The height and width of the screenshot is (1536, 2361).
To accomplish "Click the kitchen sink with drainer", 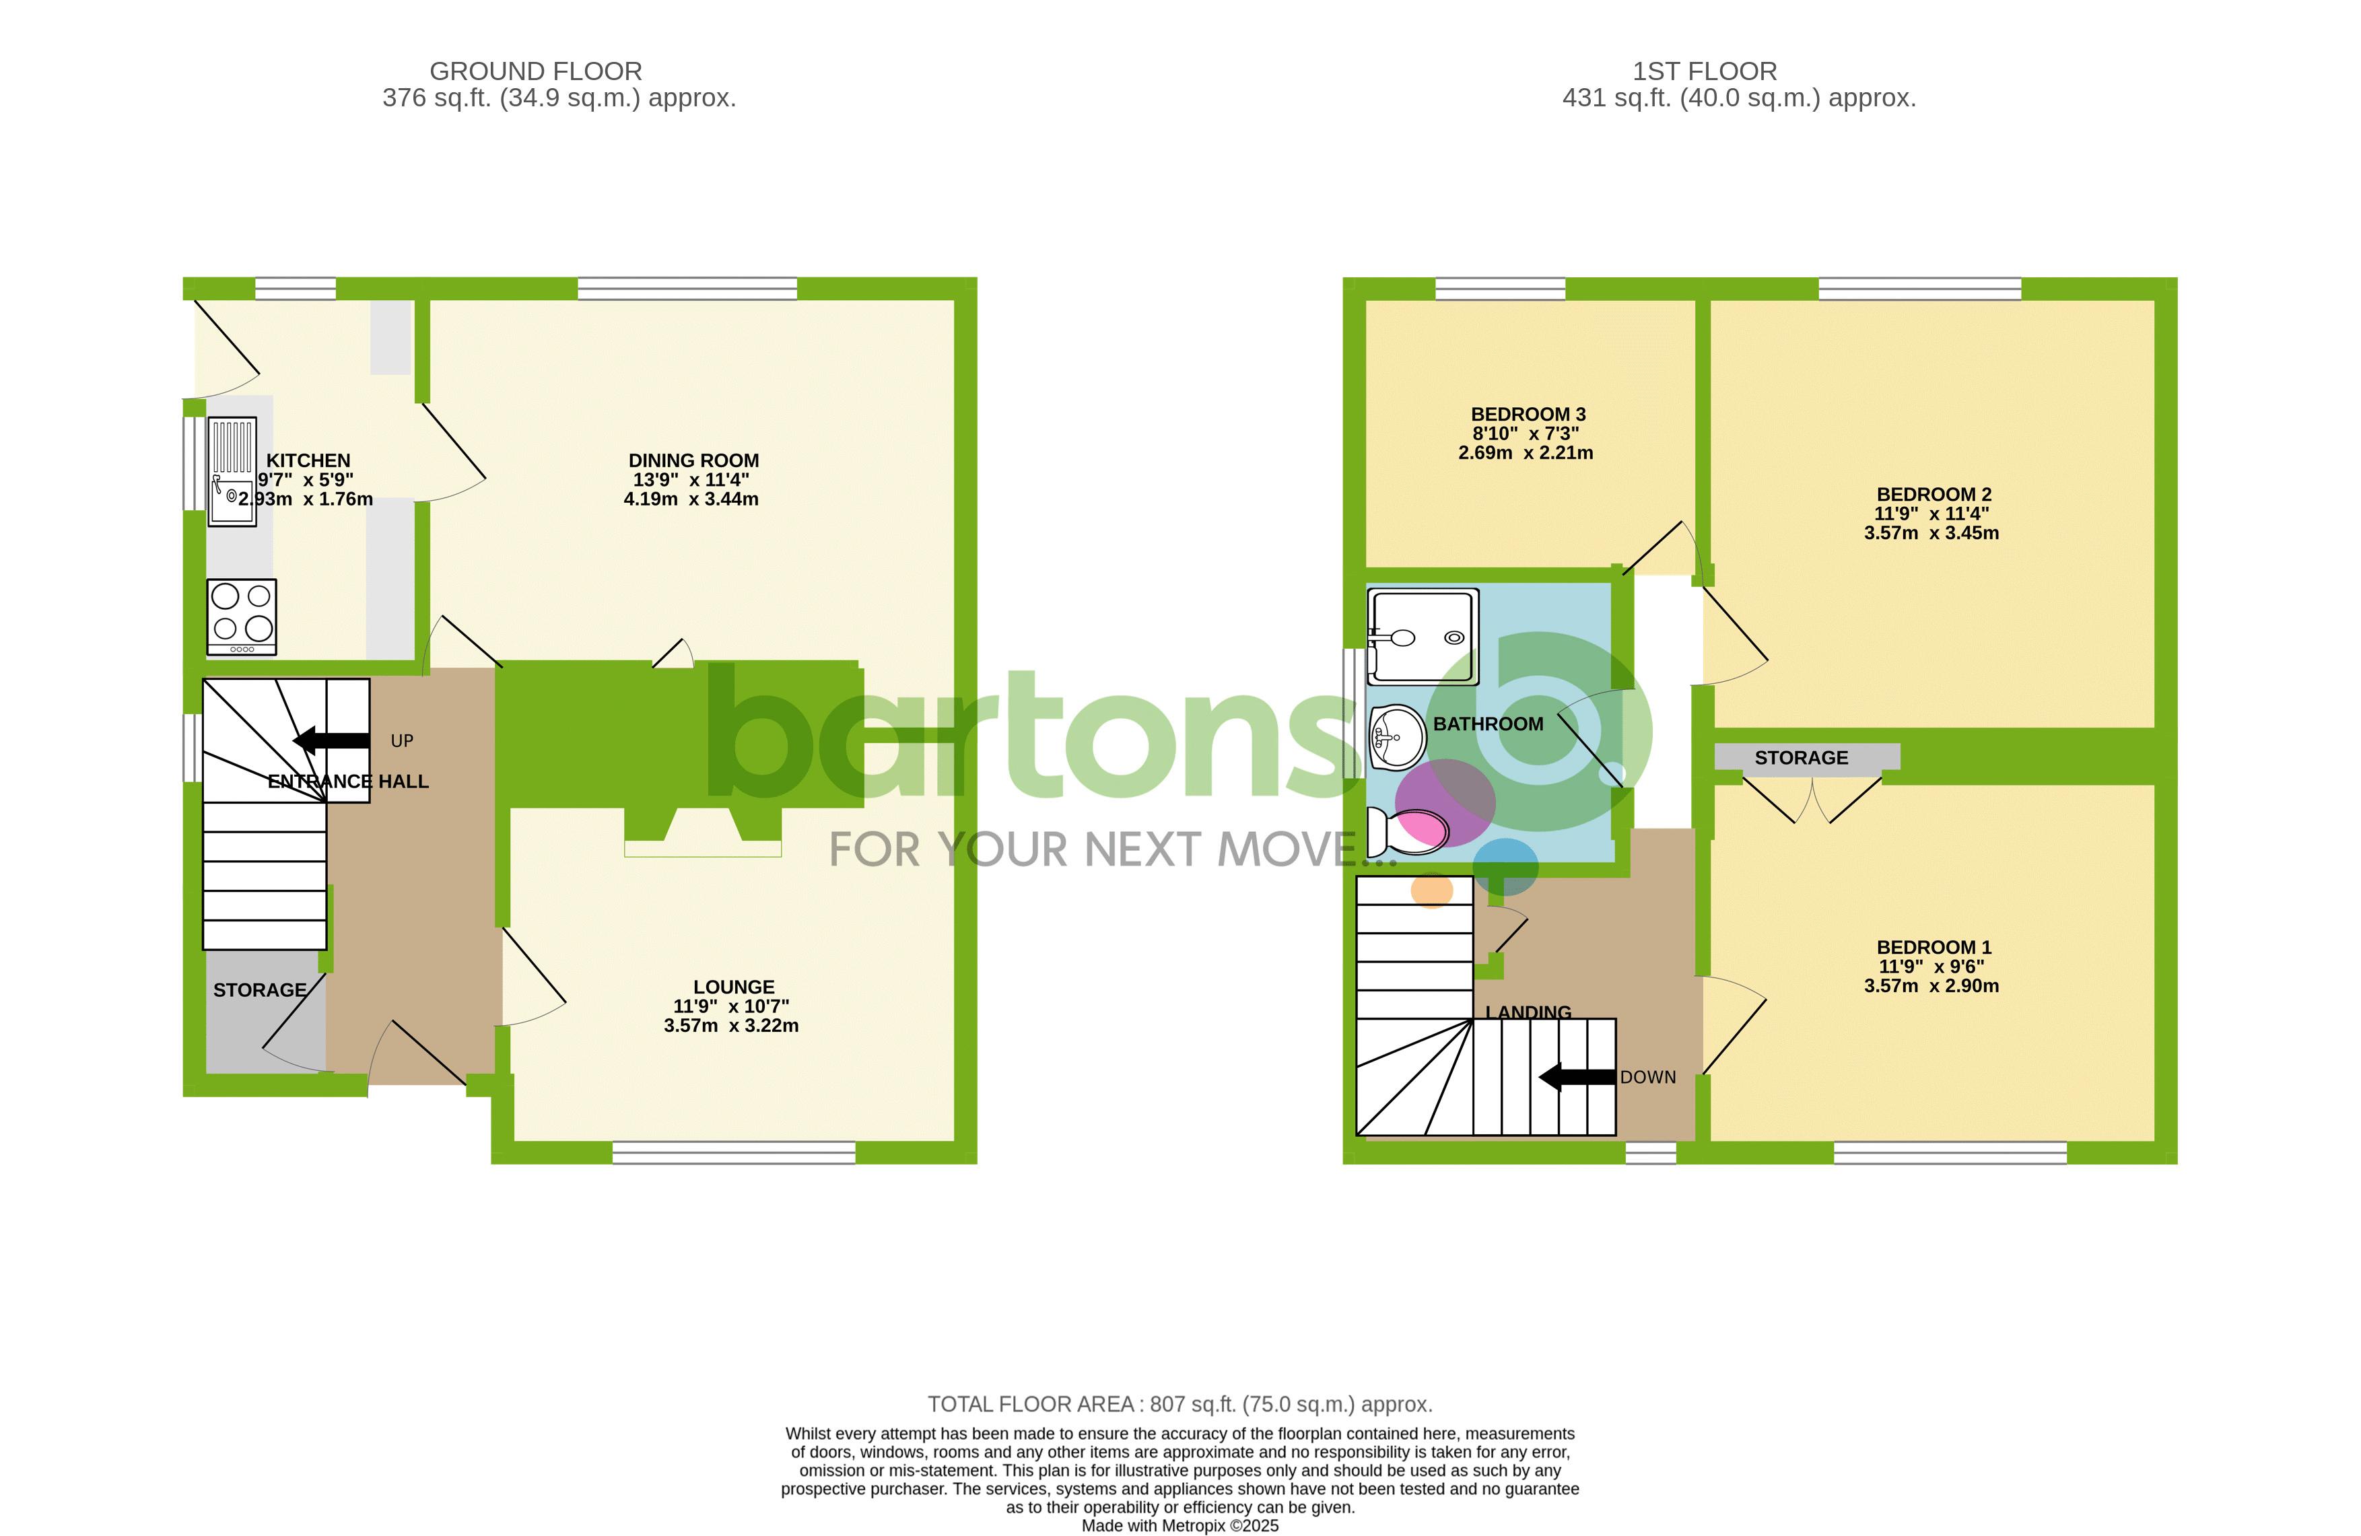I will pyautogui.click(x=232, y=471).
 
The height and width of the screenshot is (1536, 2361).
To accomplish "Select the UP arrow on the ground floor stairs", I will pyautogui.click(x=333, y=740).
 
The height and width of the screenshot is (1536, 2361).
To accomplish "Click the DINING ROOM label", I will pyautogui.click(x=693, y=460).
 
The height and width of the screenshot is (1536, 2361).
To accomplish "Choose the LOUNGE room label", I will pyautogui.click(x=733, y=987).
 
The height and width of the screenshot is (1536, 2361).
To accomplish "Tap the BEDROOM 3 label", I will pyautogui.click(x=1528, y=415).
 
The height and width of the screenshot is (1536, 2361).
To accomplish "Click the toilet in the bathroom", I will pyautogui.click(x=1406, y=831).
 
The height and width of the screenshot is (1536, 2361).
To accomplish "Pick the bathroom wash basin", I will pyautogui.click(x=1397, y=737).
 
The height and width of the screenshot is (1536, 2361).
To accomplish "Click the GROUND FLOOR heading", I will pyautogui.click(x=536, y=71).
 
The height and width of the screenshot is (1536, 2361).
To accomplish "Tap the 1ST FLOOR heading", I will pyautogui.click(x=1705, y=71).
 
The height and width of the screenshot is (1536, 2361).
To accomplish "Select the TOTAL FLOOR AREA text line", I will pyautogui.click(x=1179, y=1404).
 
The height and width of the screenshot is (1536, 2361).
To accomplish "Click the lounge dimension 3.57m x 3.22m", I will pyautogui.click(x=731, y=1025).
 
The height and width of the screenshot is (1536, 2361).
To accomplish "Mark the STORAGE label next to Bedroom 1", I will pyautogui.click(x=1800, y=758).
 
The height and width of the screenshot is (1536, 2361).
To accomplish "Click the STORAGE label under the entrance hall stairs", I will pyautogui.click(x=260, y=989).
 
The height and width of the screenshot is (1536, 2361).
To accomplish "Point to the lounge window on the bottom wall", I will pyautogui.click(x=734, y=1152).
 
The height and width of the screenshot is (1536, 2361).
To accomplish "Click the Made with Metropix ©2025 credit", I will pyautogui.click(x=1179, y=1526).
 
